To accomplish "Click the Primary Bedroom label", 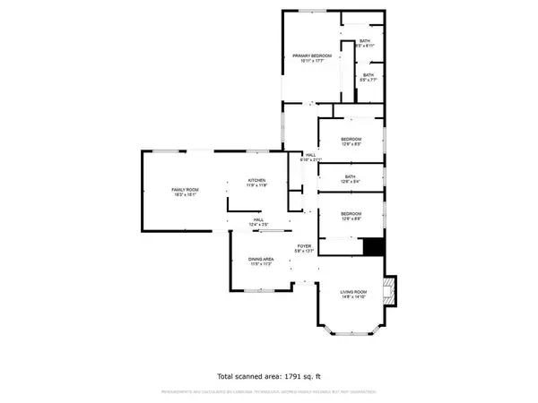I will (x=312, y=56).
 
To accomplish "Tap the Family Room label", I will (x=185, y=189).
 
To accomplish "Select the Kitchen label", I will (x=257, y=180).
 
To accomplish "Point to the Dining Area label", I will (x=262, y=260).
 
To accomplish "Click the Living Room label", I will (x=352, y=293).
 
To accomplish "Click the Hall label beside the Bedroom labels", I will (x=310, y=155).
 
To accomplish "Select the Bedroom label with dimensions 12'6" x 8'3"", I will (x=351, y=139).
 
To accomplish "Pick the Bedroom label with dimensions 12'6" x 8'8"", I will (x=351, y=211).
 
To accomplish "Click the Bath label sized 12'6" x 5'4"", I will (x=351, y=176).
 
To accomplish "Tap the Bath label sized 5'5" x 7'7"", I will (x=369, y=75).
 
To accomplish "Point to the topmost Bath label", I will (x=365, y=40).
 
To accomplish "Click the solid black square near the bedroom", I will (x=374, y=246).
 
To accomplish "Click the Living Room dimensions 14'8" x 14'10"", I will (x=352, y=298).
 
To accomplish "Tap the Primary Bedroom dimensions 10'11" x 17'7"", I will (x=312, y=62).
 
